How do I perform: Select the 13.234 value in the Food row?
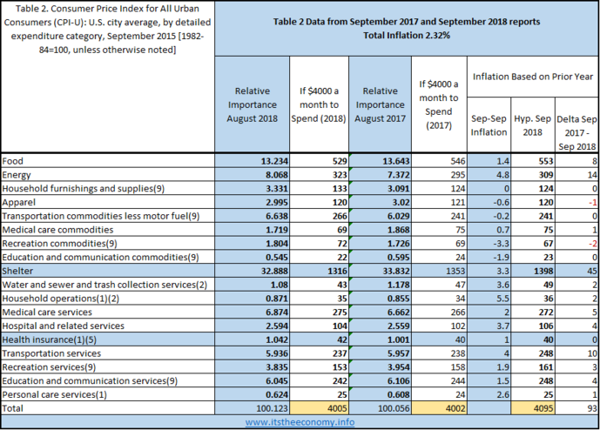click(260, 161)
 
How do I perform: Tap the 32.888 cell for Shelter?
click(260, 271)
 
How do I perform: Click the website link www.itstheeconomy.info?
click(299, 421)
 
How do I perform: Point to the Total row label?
click(15, 406)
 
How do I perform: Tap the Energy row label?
click(18, 174)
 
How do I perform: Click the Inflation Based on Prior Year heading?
click(531, 77)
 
